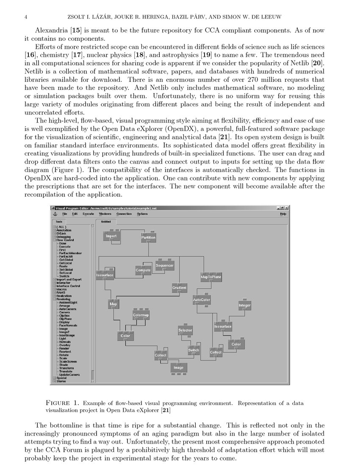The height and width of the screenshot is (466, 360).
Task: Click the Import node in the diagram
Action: click(x=111, y=236)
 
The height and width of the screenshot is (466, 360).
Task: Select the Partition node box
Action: click(x=148, y=238)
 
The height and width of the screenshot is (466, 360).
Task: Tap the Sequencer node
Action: click(x=164, y=266)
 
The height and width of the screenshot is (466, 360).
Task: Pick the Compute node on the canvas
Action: click(x=143, y=270)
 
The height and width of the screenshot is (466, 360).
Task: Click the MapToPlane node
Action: click(x=211, y=277)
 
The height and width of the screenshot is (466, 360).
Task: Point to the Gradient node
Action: click(x=179, y=288)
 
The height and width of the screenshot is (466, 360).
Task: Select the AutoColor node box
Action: click(x=202, y=300)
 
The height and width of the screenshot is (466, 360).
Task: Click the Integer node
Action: click(x=245, y=305)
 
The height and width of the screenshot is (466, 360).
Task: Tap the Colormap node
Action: click(x=141, y=315)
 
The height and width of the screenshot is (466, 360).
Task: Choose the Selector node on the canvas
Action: click(x=185, y=330)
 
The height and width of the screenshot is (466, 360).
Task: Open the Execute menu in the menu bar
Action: click(x=88, y=214)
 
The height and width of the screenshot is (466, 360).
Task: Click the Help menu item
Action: click(x=283, y=214)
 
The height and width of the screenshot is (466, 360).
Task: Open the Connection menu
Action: click(x=124, y=214)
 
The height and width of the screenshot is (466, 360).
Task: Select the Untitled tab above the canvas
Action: click(x=105, y=221)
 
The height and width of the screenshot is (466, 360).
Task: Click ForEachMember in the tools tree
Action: click(x=70, y=253)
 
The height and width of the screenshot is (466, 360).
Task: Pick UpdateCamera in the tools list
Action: click(x=69, y=374)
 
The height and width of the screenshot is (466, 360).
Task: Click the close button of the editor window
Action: click(x=287, y=208)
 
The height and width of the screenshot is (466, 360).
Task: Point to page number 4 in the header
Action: click(x=26, y=17)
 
